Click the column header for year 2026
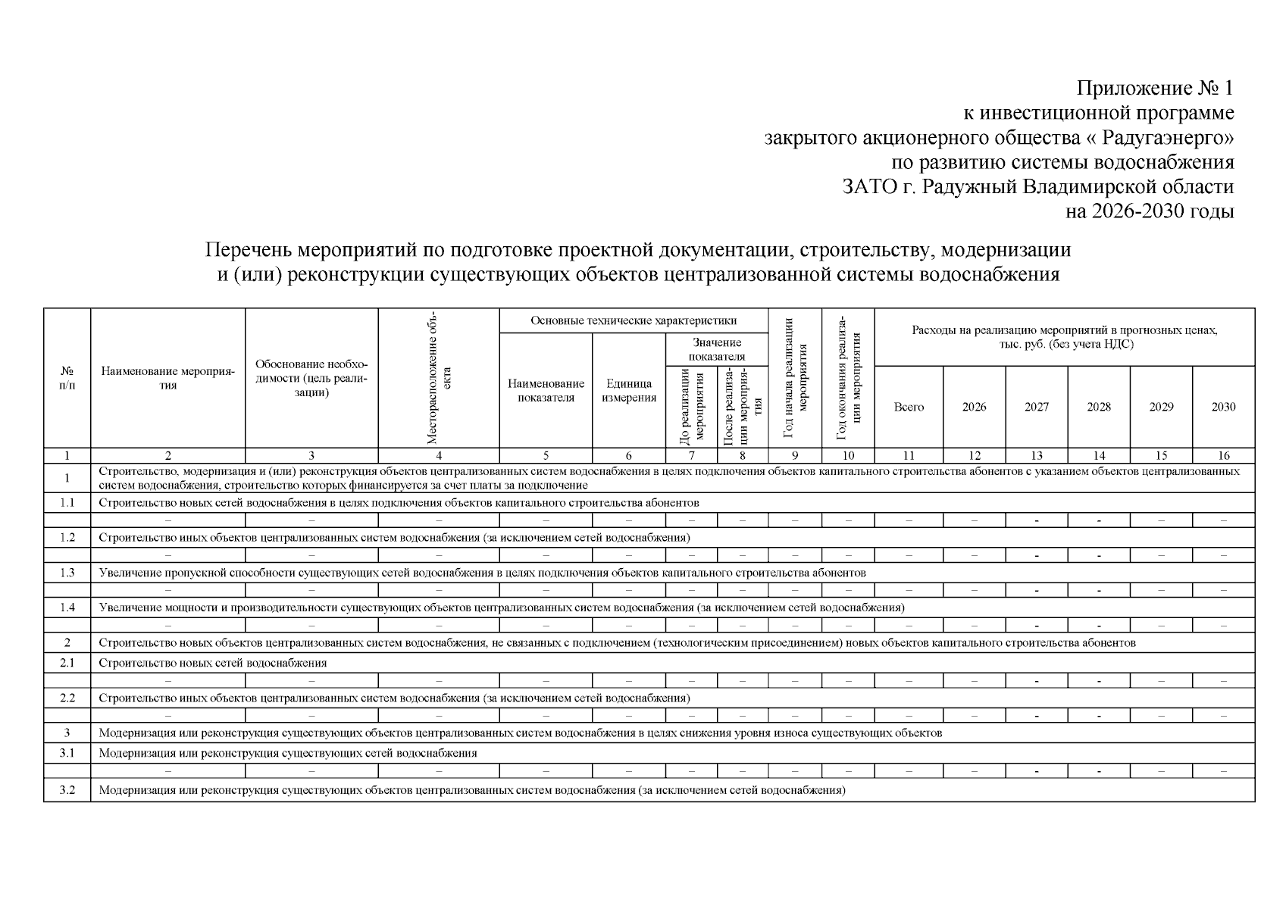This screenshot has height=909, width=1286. coord(974,407)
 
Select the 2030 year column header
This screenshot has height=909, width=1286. coord(1223,407)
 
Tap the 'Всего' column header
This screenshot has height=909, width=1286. coord(909,407)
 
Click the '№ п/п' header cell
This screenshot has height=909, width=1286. coord(67,378)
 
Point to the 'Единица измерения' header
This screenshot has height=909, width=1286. coord(628,391)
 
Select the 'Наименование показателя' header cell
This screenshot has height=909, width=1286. coord(546,391)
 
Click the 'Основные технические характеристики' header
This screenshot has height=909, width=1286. coord(634,320)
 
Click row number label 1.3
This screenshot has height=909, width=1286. coord(67,573)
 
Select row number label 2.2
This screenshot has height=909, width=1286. coord(67,698)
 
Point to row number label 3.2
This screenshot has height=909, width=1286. coord(67,790)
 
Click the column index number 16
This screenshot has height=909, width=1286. coord(1223,455)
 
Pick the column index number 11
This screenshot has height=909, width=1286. coord(909,455)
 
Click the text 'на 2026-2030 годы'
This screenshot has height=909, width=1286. coord(1150,211)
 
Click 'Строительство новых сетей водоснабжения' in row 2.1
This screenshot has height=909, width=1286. coord(213,663)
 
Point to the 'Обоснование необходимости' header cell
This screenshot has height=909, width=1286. coord(311,378)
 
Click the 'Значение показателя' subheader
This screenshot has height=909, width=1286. coord(717,349)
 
